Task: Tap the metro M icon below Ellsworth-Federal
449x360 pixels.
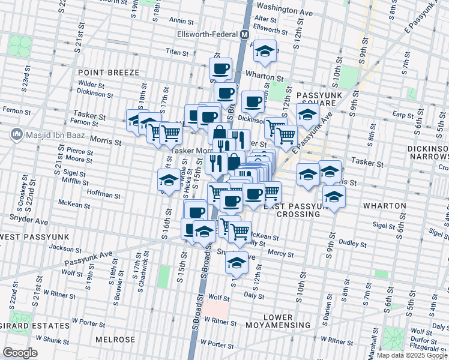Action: point(244,34)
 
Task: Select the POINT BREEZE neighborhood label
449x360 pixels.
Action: point(108,73)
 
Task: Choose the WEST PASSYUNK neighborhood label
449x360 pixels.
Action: point(34,238)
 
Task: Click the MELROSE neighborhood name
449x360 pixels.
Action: point(115,340)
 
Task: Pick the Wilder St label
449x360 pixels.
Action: point(91,85)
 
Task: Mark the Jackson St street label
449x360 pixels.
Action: point(65,248)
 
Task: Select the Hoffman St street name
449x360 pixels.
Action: point(103,194)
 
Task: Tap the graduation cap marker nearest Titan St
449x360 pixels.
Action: point(264,52)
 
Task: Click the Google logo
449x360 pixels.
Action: point(20,353)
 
